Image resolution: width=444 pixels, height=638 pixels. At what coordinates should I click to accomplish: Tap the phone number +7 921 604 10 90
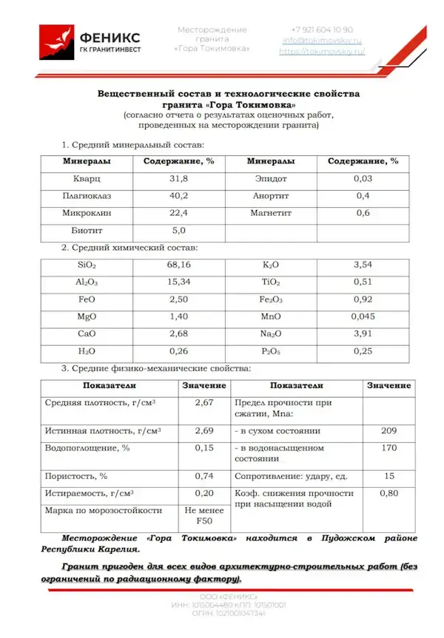322,30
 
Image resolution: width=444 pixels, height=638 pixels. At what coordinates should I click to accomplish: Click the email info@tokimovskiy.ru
322,41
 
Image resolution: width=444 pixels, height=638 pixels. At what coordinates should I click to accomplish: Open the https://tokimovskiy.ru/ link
322,52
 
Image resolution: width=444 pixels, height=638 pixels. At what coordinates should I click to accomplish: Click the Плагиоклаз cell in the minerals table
87,196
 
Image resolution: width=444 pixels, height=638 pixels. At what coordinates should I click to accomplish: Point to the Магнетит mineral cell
272,213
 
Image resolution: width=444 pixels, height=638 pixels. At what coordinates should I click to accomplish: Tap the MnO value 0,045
363,316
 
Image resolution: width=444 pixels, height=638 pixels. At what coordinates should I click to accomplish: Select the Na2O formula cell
272,333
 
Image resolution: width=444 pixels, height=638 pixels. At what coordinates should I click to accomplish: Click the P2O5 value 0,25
363,350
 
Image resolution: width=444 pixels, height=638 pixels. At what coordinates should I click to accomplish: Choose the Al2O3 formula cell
87,282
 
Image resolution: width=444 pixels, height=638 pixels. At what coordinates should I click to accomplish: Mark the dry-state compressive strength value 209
388,430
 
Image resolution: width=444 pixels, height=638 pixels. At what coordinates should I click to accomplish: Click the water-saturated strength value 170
388,447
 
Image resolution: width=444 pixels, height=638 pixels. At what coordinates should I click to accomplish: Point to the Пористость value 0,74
204,476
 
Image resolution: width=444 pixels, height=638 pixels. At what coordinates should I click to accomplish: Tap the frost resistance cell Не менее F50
204,515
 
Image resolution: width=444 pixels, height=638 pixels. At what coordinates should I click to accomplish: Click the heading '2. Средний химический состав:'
129,248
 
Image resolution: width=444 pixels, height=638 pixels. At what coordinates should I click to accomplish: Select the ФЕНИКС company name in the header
110,36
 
